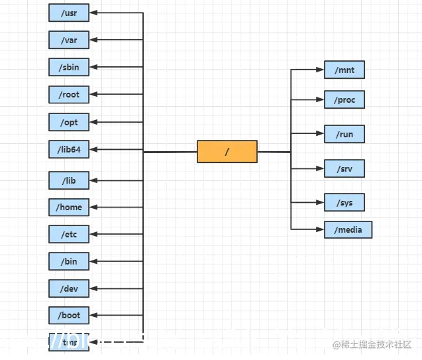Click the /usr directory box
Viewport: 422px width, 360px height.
tap(69, 13)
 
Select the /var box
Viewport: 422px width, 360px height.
tap(69, 40)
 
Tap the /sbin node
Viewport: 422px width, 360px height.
tap(69, 67)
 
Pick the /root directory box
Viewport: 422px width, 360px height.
tap(69, 94)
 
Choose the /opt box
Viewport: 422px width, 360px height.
tap(69, 122)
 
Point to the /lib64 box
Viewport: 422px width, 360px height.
tap(69, 149)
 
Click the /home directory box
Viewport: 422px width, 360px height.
tap(69, 207)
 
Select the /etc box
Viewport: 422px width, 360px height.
tap(69, 234)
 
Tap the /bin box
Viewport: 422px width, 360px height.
tap(69, 261)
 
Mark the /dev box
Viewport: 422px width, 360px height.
tap(69, 288)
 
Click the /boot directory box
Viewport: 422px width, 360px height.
tap(69, 316)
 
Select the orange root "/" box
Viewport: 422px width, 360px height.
tap(227, 151)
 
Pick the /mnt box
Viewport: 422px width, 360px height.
tap(344, 69)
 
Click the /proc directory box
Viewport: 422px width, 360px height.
tap(344, 99)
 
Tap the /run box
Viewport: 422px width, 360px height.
tap(344, 134)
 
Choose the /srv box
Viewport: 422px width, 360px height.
tap(344, 168)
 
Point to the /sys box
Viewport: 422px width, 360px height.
tap(344, 202)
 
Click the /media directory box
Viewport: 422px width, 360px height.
tap(348, 229)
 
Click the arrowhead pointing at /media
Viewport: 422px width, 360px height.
tap(320, 229)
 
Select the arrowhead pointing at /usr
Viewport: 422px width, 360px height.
tap(93, 13)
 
